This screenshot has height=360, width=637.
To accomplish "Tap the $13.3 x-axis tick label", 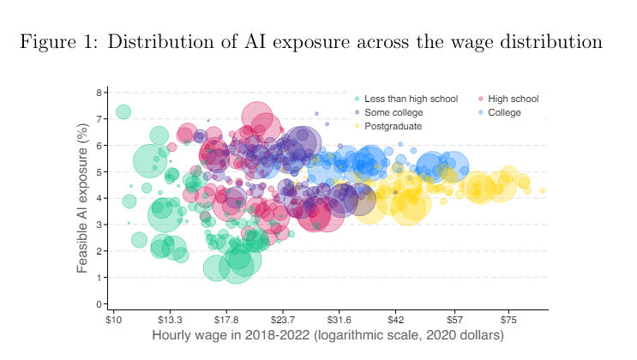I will pyautogui.click(x=169, y=320).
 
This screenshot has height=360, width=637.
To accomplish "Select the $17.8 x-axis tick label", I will pyautogui.click(x=226, y=320).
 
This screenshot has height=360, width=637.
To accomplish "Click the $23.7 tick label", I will pyautogui.click(x=283, y=320).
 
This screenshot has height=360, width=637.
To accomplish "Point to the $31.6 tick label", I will pyautogui.click(x=340, y=320).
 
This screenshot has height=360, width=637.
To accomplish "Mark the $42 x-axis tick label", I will pyautogui.click(x=395, y=320).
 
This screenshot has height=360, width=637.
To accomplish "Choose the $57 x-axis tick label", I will pyautogui.click(x=454, y=320).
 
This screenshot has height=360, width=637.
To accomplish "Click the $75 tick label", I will pyautogui.click(x=509, y=320).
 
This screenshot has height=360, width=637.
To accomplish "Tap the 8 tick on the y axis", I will pyautogui.click(x=99, y=93).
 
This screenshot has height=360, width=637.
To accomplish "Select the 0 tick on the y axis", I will pyautogui.click(x=99, y=304).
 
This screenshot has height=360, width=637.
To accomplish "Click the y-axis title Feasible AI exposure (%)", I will pyautogui.click(x=83, y=198).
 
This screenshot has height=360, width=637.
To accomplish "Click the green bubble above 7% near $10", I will pyautogui.click(x=123, y=111).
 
